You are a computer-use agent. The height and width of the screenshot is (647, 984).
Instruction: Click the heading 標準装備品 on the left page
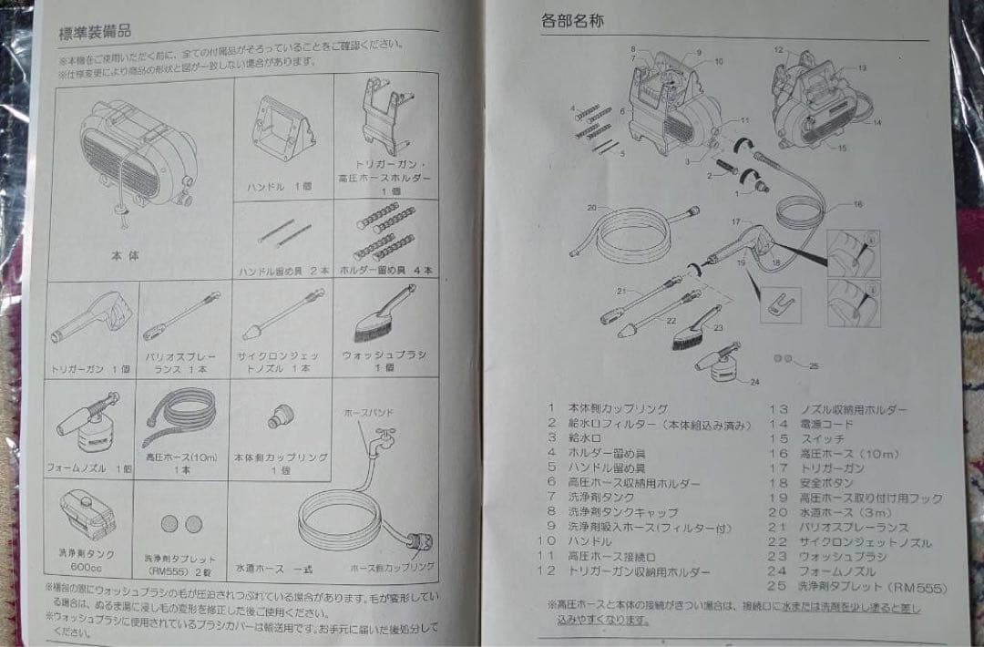(96, 32)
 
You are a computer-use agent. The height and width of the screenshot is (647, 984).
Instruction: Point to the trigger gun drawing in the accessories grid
(90, 320)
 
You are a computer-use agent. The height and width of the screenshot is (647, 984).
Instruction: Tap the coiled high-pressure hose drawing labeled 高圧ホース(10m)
(180, 416)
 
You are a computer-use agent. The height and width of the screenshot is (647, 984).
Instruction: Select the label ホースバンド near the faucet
(364, 412)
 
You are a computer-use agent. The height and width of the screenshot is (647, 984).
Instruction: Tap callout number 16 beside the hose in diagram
(857, 204)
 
